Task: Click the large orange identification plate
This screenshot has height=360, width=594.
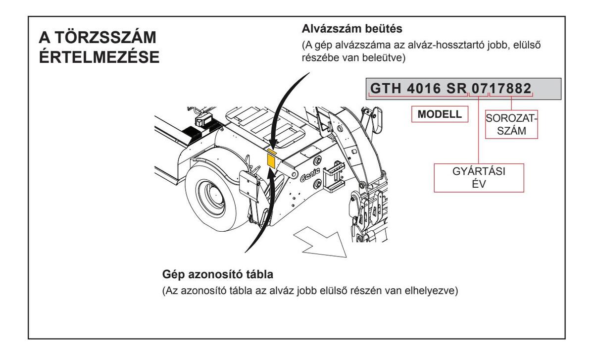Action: [271, 160]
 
